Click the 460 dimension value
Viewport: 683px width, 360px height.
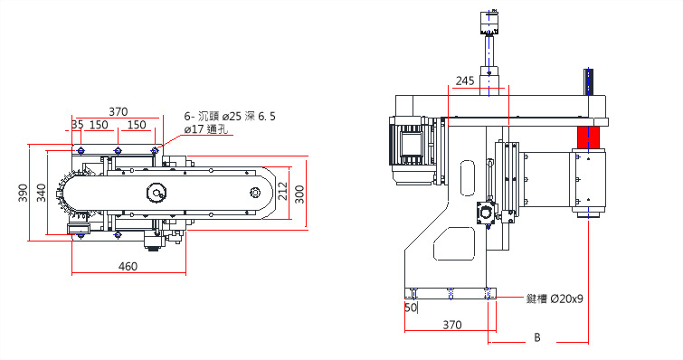128,266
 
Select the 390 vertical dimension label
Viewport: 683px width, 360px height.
24,193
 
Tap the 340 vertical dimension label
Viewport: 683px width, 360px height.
41,193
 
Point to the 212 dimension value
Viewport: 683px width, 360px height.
282,191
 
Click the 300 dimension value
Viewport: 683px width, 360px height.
299,194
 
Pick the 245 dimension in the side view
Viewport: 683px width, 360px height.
465,81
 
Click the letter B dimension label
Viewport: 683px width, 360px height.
537,337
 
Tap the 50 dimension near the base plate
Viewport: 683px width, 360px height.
411,308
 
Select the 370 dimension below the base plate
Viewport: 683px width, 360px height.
452,325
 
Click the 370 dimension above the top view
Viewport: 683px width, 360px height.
118,112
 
